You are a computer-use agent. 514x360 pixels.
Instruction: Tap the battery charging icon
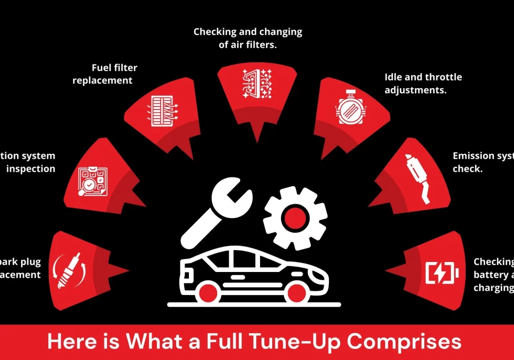(442, 272)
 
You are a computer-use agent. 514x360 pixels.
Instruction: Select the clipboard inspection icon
(93, 181)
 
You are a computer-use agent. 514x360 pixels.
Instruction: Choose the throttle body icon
(350, 109)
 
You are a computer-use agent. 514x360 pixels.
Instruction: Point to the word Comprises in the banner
(404, 342)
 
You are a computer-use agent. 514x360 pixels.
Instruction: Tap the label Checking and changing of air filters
(248, 38)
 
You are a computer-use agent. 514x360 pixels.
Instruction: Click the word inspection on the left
(30, 169)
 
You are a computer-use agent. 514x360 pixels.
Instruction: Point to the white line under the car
(254, 304)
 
